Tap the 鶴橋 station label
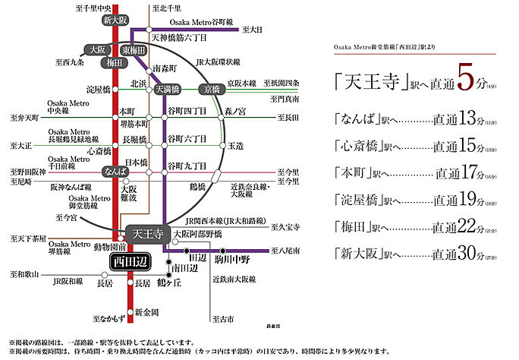point(197,185)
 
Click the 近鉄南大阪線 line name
point(233,279)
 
